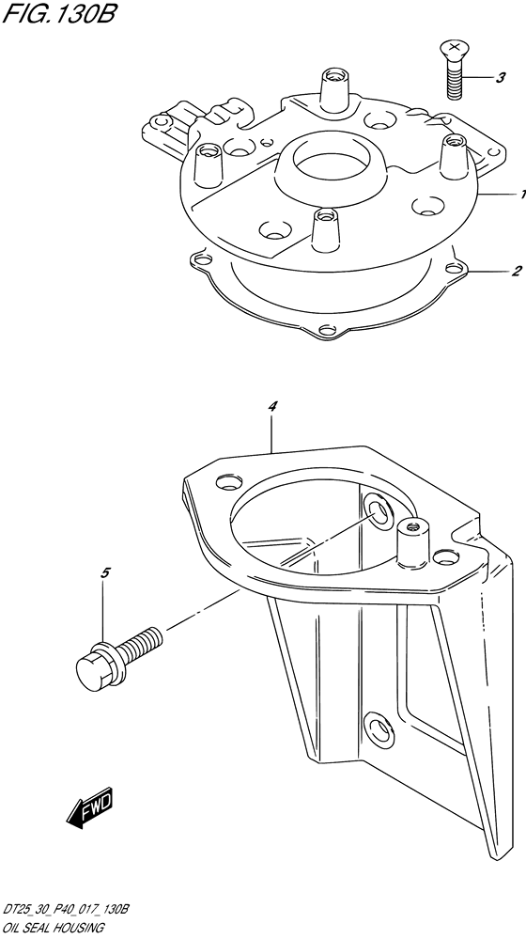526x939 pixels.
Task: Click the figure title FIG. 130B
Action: coord(58,13)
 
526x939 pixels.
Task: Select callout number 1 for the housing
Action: coord(522,194)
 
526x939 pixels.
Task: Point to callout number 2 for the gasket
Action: coord(517,271)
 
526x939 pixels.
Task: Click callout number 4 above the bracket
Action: coord(272,407)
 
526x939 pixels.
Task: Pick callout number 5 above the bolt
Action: coord(104,573)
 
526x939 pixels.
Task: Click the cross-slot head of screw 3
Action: coord(455,47)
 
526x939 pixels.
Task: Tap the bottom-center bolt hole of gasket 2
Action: coord(327,329)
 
